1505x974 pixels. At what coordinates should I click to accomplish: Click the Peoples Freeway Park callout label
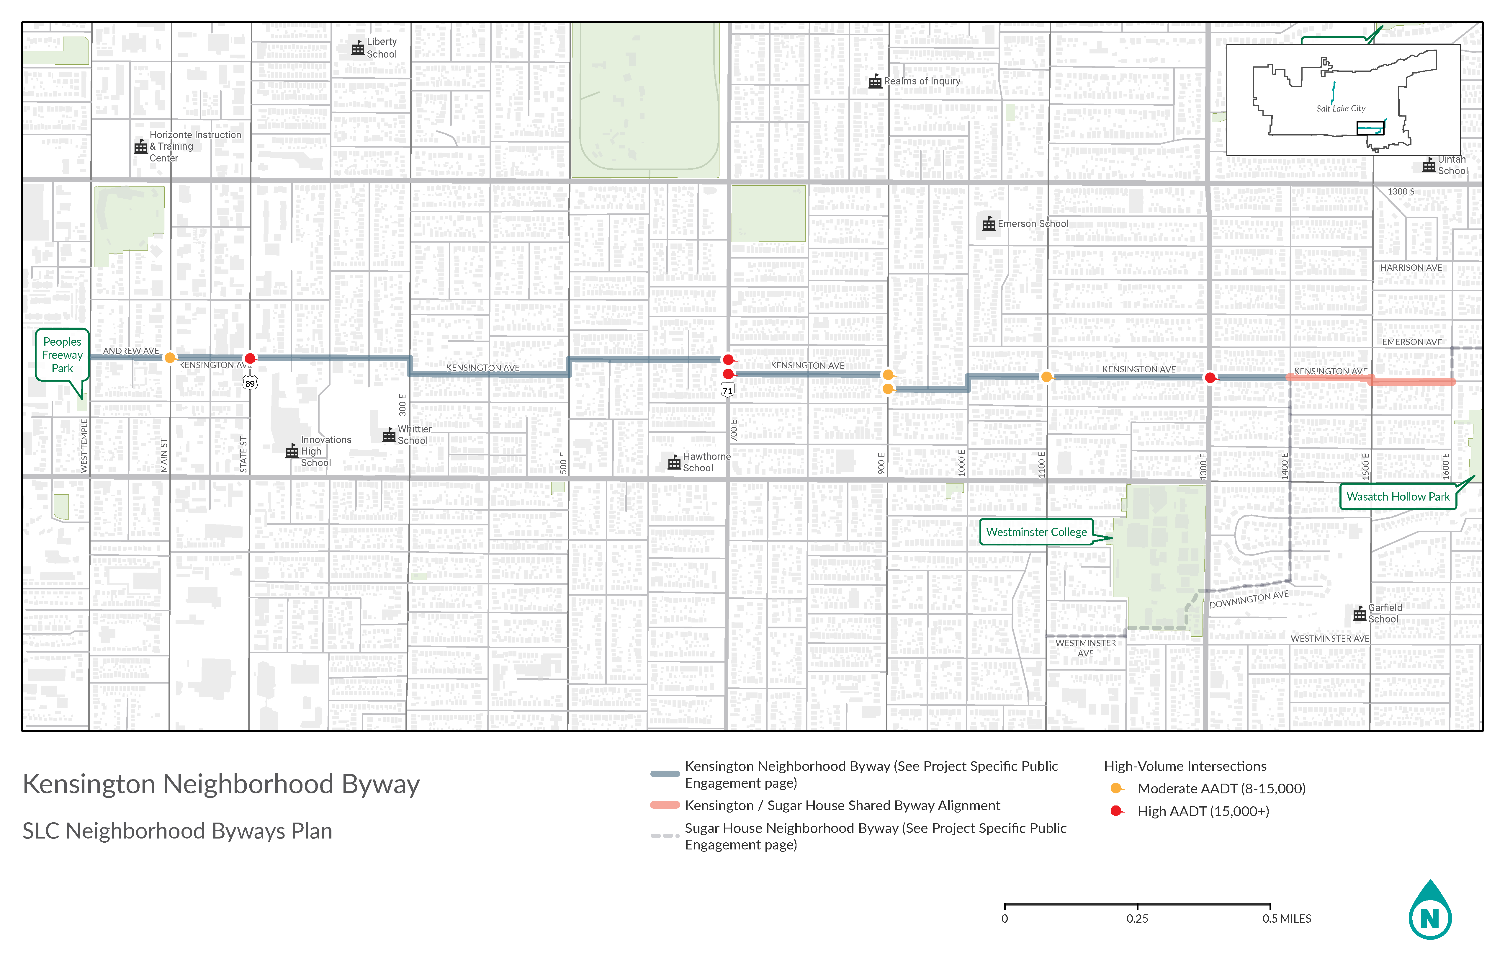click(62, 355)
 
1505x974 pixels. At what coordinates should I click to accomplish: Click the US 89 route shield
click(251, 383)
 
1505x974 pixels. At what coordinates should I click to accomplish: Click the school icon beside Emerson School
click(988, 224)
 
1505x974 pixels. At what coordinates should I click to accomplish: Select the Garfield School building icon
click(1359, 614)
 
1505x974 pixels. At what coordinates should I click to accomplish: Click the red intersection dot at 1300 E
click(1210, 377)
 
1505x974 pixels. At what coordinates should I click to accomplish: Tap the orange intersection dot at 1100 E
click(1046, 377)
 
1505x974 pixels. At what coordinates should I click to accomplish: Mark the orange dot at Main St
click(169, 358)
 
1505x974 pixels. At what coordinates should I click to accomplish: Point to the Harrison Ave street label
click(1411, 267)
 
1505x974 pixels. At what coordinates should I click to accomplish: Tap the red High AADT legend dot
click(1116, 811)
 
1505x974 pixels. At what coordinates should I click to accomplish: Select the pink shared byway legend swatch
click(665, 805)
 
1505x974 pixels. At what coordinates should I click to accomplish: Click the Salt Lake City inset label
click(1341, 109)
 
